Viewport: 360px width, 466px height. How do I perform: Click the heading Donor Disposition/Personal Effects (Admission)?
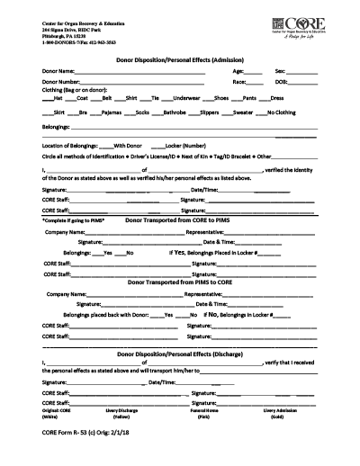pyautogui.click(x=179, y=58)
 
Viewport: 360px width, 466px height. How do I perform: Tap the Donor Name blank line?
pyautogui.click(x=144, y=71)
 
